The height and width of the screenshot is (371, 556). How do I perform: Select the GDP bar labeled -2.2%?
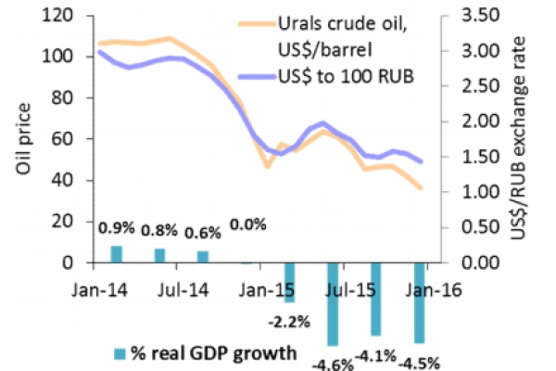point(288,282)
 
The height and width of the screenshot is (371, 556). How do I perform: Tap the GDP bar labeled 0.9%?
point(116,254)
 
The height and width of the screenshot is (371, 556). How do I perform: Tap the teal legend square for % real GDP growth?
point(119,352)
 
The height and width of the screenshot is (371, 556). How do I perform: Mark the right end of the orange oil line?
point(423,188)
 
